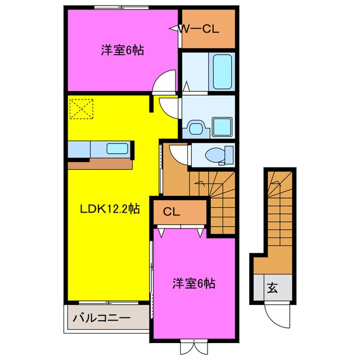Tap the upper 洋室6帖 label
pyautogui.click(x=123, y=50)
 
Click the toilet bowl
pyautogui.click(x=215, y=153)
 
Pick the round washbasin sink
pyautogui.click(x=195, y=128)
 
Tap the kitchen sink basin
pyautogui.click(x=117, y=150)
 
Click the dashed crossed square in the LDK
pyautogui.click(x=80, y=109)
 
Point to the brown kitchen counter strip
pyautogui.click(x=101, y=164)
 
